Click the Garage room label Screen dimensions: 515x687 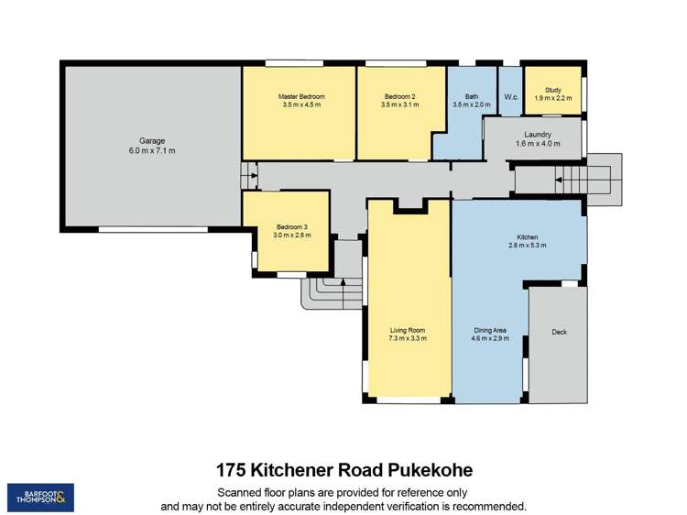[152, 141]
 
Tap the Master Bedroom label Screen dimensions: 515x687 [301, 96]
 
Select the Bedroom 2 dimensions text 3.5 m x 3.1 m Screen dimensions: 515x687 [399, 104]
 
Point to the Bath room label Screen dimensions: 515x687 [472, 96]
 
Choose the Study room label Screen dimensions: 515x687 [552, 90]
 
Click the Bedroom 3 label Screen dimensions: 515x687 [292, 227]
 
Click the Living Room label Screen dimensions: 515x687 [407, 331]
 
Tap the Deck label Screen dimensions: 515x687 [559, 332]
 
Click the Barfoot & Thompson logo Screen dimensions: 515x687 [40, 497]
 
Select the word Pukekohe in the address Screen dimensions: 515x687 [429, 470]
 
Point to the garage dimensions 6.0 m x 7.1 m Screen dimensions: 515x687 [152, 150]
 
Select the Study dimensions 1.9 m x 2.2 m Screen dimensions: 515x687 [552, 98]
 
